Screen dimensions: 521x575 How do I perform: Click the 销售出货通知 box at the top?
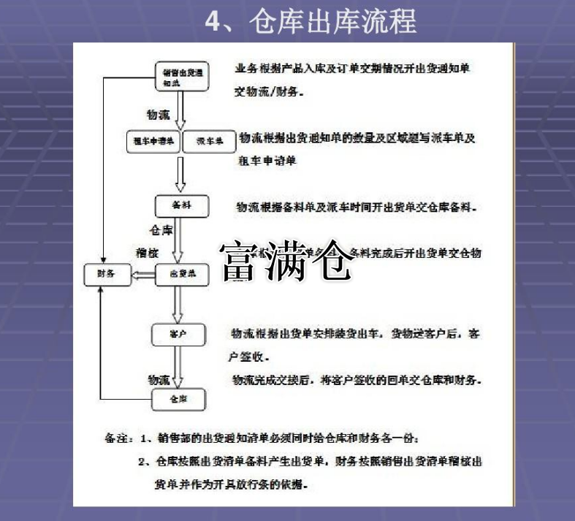pos(182,77)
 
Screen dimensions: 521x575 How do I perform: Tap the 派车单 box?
pos(209,141)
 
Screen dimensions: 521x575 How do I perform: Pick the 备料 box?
pos(182,207)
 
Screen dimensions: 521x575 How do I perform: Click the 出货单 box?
pos(182,275)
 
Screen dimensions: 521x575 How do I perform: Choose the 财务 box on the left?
pos(107,275)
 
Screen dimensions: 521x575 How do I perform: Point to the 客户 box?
pos(178,334)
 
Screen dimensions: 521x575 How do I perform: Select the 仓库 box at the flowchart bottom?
pos(178,400)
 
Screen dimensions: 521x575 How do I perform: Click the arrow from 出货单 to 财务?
pos(143,275)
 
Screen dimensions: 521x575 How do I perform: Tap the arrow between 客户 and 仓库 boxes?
pos(178,367)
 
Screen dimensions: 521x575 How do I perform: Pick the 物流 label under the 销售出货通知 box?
pos(159,115)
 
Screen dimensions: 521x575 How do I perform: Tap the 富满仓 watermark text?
pos(286,262)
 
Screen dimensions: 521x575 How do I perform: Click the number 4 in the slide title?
pos(212,21)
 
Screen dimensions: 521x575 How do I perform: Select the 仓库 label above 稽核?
pos(161,230)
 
